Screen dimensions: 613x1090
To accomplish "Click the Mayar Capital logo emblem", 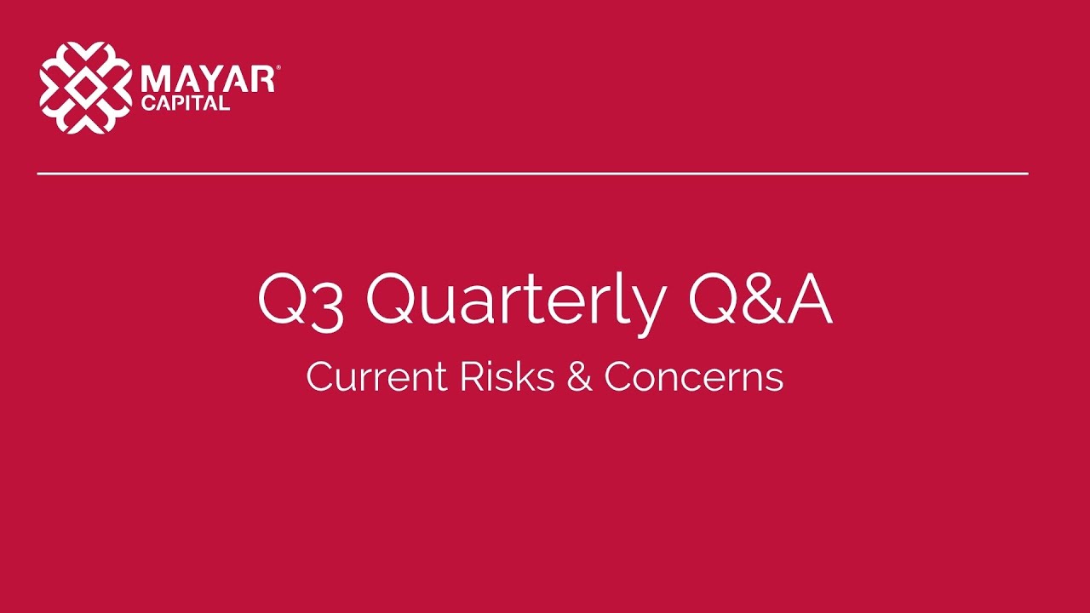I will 86,88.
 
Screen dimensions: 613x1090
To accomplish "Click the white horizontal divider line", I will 532,174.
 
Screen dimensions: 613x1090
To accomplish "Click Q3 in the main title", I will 301,301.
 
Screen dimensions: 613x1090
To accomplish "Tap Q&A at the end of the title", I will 760,301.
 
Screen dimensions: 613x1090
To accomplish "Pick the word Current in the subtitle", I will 376,377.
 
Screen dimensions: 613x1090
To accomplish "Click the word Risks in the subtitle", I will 508,377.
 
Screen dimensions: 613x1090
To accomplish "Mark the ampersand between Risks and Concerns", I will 579,377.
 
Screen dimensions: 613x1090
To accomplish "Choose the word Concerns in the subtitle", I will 693,377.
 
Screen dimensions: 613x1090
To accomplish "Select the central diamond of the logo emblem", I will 86,88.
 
